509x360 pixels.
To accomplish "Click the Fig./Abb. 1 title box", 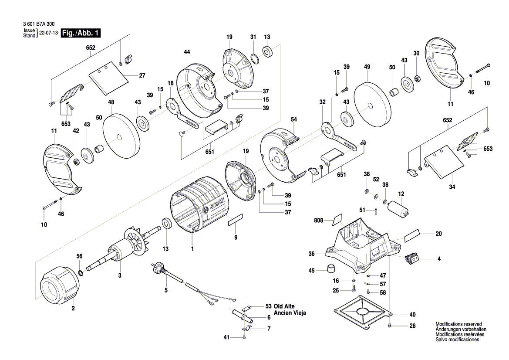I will coord(82,33).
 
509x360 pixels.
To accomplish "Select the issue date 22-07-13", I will coord(48,33).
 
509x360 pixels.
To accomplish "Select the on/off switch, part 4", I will coord(412,258).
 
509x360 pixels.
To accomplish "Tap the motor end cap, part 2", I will coord(60,287).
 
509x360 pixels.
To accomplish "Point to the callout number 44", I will coord(187,52).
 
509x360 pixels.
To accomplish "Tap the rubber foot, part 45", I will coord(332,267).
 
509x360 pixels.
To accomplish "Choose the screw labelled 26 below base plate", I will coord(390,325).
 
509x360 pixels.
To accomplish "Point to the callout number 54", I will coord(293,119).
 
